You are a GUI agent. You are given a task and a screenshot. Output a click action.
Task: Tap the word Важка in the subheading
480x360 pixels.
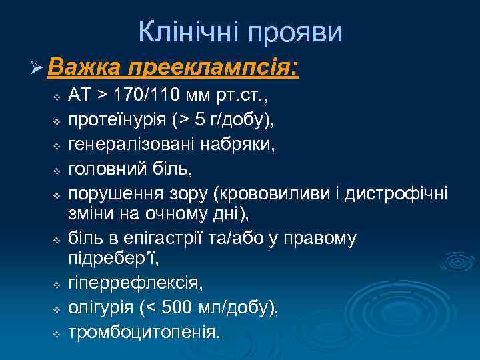point(83,68)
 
